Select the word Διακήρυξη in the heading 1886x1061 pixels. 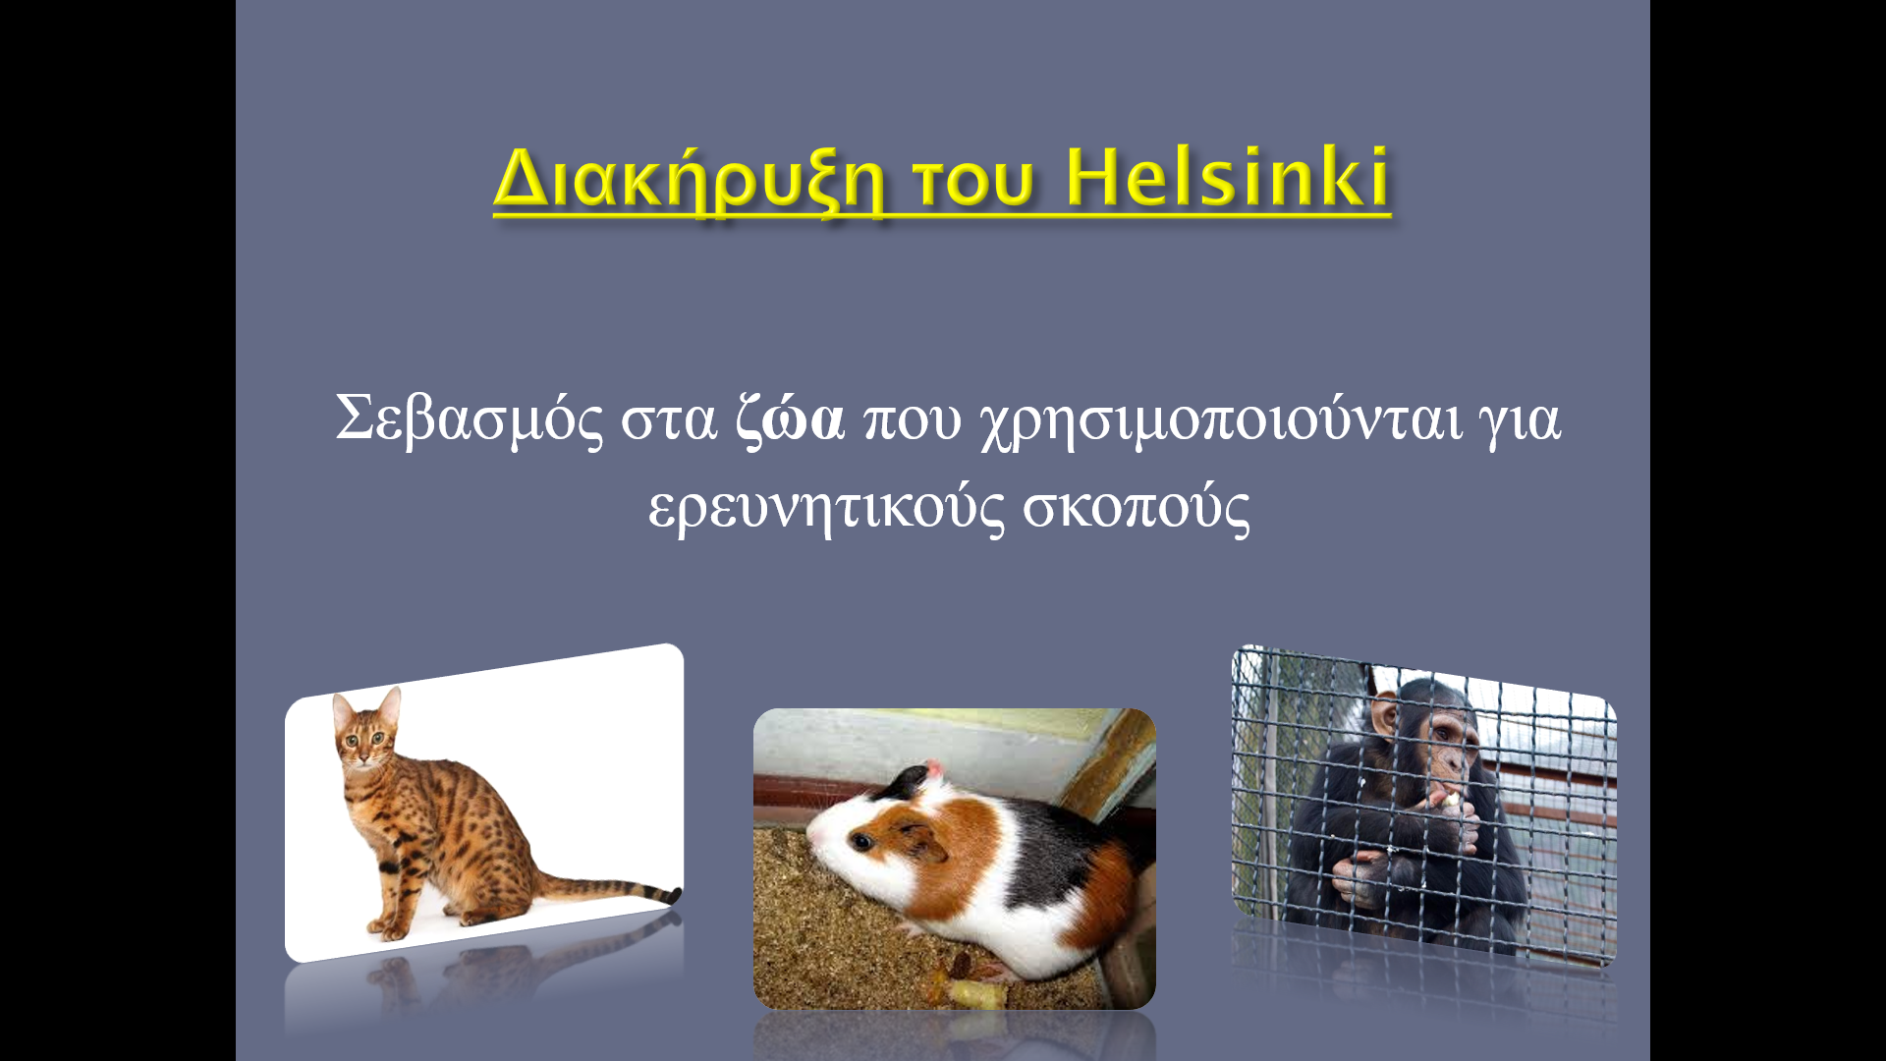coord(689,181)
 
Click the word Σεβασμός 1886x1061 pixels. coord(470,419)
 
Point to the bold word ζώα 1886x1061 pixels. coord(791,419)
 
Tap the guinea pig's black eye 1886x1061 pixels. coord(861,841)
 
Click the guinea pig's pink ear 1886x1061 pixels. coord(932,767)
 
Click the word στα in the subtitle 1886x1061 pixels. coord(669,420)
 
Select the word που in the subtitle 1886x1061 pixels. coord(913,420)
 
